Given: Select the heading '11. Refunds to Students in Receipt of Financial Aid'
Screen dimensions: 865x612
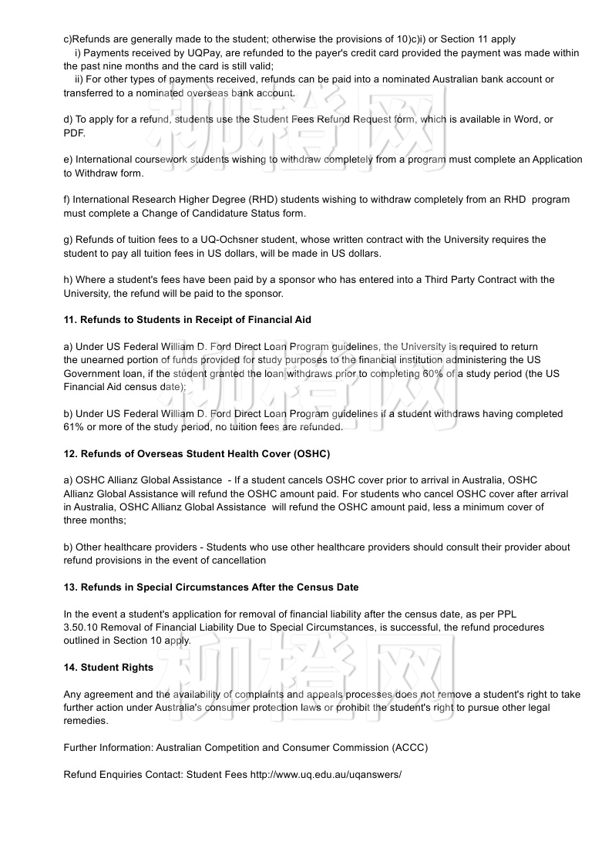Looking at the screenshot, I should pyautogui.click(x=187, y=320).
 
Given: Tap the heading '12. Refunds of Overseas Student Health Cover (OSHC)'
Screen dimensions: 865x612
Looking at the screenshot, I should pyautogui.click(x=197, y=453).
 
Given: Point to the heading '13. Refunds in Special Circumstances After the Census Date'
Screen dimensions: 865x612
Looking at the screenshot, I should pyautogui.click(x=210, y=587).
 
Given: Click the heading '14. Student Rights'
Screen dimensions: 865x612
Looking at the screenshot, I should pyautogui.click(x=108, y=668).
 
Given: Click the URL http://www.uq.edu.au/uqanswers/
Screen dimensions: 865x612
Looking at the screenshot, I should pyautogui.click(x=325, y=774).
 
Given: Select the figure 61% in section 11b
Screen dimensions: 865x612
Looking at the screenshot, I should pyautogui.click(x=74, y=427).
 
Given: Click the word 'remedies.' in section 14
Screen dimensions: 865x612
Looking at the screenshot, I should pyautogui.click(x=86, y=722).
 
